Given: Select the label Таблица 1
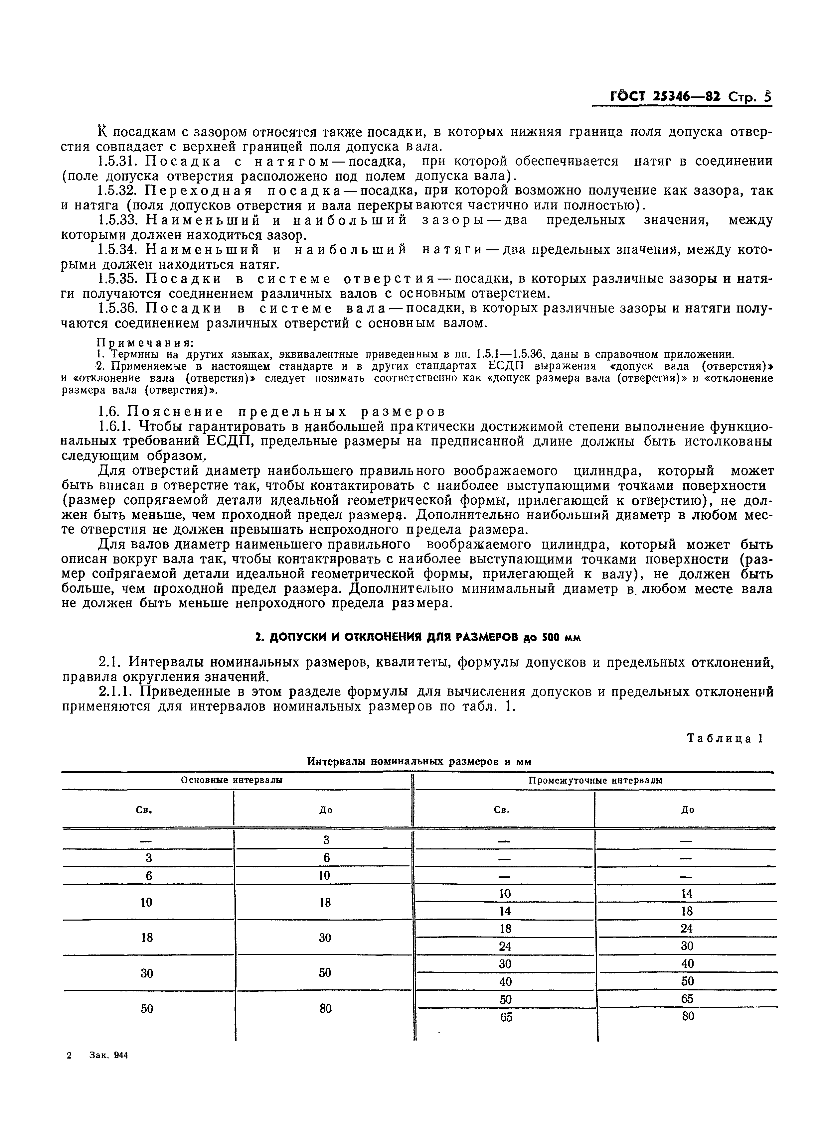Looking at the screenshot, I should point(725,738).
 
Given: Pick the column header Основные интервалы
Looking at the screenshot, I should point(232,780).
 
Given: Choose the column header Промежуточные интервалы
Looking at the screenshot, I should point(595,780).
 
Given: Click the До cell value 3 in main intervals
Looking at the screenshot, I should point(326,840).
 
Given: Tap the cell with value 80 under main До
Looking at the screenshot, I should point(326,1008).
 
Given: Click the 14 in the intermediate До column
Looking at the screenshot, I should point(687,893).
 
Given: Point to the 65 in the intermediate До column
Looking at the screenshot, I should point(687,999).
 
